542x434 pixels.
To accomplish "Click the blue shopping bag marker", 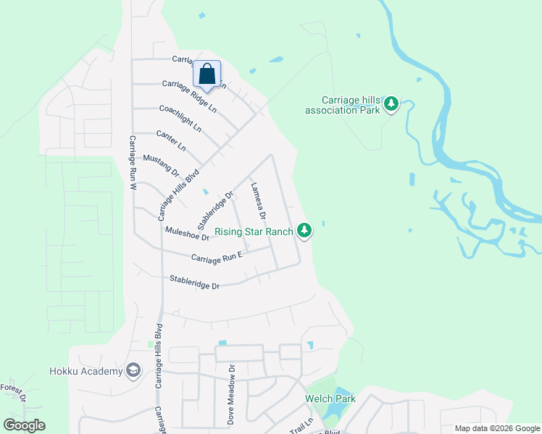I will pyautogui.click(x=207, y=75).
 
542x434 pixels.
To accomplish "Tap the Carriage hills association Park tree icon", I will pyautogui.click(x=391, y=104).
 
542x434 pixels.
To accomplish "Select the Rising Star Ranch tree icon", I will pyautogui.click(x=306, y=231).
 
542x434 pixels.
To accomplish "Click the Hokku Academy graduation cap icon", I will pyautogui.click(x=133, y=371).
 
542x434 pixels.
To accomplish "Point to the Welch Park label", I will pyautogui.click(x=330, y=399).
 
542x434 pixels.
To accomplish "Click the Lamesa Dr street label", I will pyautogui.click(x=258, y=200).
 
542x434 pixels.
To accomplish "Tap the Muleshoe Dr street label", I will pyautogui.click(x=187, y=233).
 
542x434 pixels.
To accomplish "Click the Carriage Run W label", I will pyautogui.click(x=133, y=163).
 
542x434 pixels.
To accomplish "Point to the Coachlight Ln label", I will pyautogui.click(x=180, y=118).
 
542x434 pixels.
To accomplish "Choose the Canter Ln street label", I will pyautogui.click(x=171, y=140).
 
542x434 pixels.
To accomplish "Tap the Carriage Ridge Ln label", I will pyautogui.click(x=189, y=95).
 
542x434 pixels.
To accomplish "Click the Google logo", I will pyautogui.click(x=24, y=425).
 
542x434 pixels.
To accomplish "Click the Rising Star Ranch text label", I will pyautogui.click(x=254, y=231).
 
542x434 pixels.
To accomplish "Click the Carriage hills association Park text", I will pyautogui.click(x=343, y=105).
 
